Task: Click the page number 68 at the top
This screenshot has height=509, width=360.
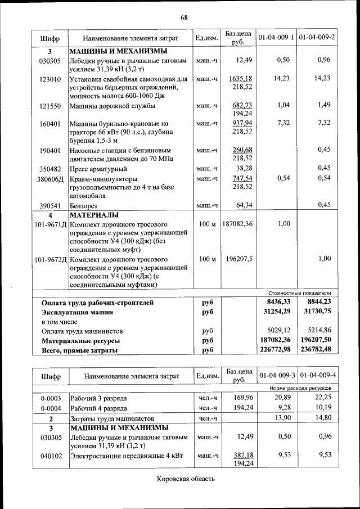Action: [x=184, y=17]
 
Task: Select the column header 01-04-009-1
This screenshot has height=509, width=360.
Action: [x=276, y=38]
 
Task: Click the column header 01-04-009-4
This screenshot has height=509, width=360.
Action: [x=318, y=375]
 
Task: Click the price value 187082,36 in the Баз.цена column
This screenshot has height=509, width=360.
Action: [x=238, y=224]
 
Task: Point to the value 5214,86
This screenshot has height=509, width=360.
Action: [x=317, y=331]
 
